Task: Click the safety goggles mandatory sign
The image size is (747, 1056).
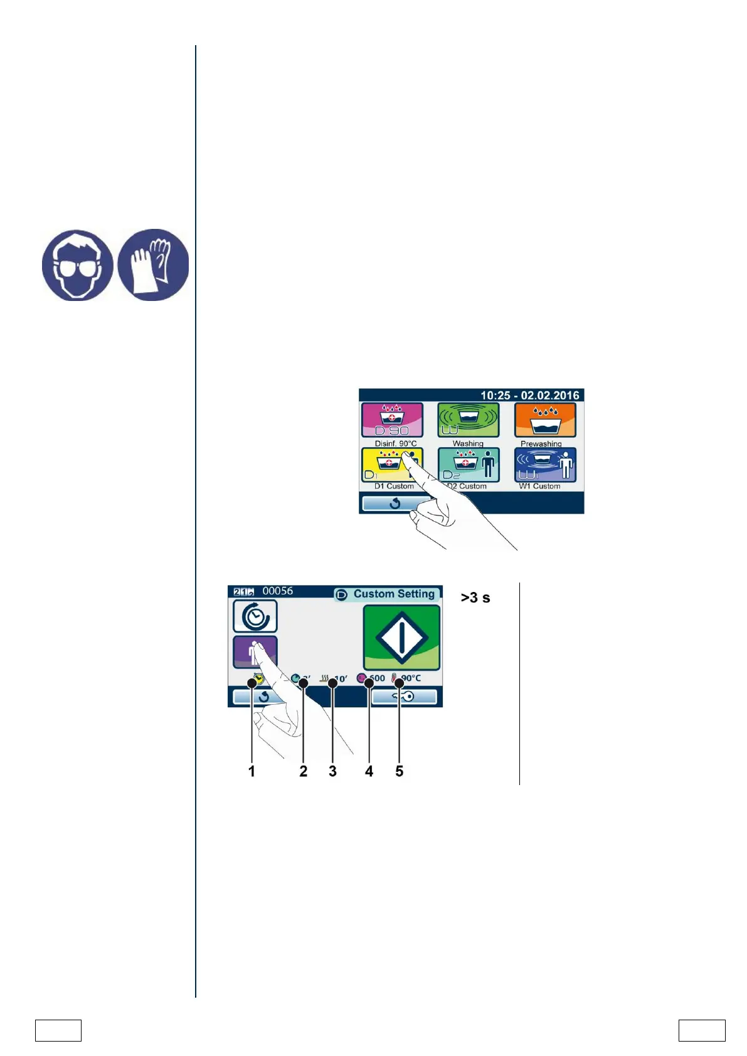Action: [x=78, y=265]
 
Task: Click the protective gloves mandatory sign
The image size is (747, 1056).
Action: [x=153, y=265]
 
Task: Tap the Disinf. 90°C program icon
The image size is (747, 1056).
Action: [x=392, y=420]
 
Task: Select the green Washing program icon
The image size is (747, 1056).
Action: [x=468, y=420]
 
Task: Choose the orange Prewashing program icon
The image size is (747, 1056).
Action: [x=545, y=420]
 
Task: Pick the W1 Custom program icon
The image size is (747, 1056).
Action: [x=545, y=465]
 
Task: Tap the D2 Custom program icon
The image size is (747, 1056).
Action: [x=469, y=465]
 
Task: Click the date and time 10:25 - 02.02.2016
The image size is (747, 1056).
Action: [x=529, y=396]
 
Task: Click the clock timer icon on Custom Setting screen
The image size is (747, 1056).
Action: [x=255, y=616]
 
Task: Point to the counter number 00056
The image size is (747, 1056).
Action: [x=277, y=591]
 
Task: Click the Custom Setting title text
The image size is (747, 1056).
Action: [x=393, y=594]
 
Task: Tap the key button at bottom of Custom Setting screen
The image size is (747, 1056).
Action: [x=404, y=697]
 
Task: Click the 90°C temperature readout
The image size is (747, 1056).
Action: [x=411, y=678]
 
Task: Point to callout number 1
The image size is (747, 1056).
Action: [x=252, y=772]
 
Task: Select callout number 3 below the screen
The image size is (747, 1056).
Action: [x=332, y=772]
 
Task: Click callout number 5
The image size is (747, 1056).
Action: [x=399, y=772]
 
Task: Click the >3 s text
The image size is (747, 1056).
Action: [x=475, y=598]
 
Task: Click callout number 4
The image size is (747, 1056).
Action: [x=369, y=772]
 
